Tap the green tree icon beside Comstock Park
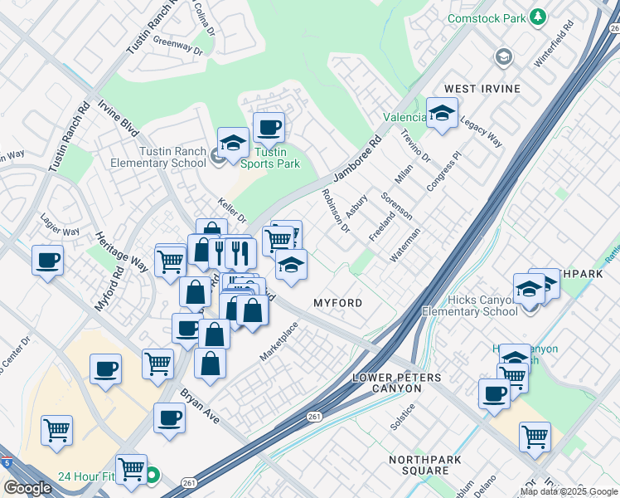(539, 17)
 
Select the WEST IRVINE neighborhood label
(482, 89)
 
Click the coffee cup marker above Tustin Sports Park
(269, 128)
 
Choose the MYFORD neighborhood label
(337, 303)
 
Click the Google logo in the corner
(27, 488)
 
